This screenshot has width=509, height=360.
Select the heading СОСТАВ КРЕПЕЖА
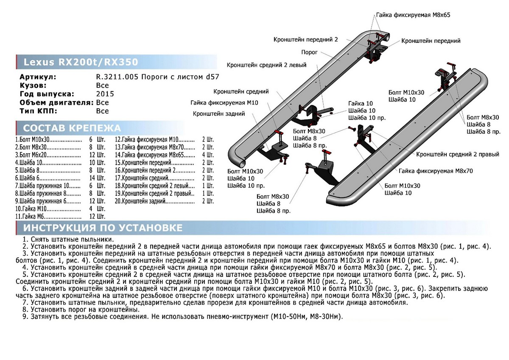point(72,128)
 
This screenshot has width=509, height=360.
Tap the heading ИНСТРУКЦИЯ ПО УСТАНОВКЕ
point(103,228)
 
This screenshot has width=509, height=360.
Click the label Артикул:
point(38,77)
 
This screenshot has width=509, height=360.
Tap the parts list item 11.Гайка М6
point(30,217)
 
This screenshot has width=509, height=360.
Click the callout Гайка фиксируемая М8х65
point(412,15)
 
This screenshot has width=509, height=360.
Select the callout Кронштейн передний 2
point(305,39)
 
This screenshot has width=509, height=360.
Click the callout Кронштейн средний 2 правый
point(457,154)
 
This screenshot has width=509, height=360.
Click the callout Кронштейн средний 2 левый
point(266,65)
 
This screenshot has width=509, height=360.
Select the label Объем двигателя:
point(56,103)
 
